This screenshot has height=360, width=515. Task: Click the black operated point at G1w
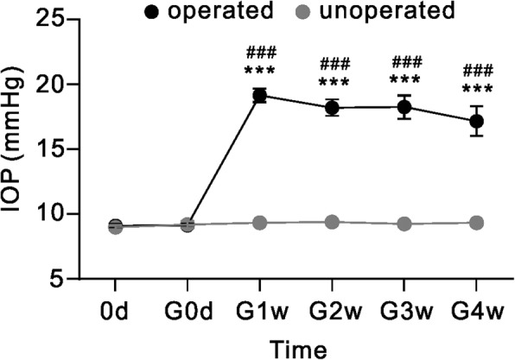coord(258,96)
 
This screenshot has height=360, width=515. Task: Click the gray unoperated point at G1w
coord(258,223)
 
